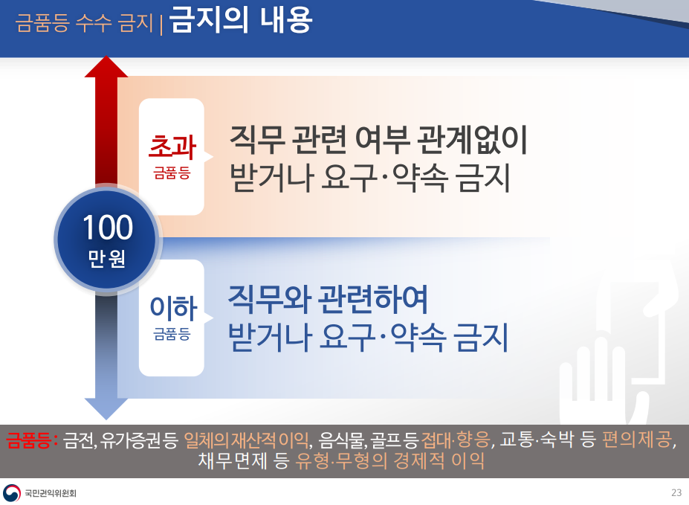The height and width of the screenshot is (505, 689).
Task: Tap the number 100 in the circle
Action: pos(108,228)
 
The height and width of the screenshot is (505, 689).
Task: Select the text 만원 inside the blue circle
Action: pos(107,258)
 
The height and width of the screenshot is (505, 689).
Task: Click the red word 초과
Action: pos(172,147)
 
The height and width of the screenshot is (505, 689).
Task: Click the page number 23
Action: pos(676,492)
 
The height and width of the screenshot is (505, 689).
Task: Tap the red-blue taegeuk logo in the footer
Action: pos(12,492)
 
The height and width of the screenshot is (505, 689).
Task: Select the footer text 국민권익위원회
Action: pos(51,493)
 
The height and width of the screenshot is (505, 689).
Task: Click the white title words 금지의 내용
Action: pos(241,20)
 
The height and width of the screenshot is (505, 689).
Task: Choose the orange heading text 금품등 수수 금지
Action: pos(85,22)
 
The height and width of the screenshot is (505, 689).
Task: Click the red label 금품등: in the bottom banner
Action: pos(32,440)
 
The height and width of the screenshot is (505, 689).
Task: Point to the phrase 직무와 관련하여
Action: pos(328,300)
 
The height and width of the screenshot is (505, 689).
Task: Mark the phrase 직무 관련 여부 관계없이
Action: pos(378,140)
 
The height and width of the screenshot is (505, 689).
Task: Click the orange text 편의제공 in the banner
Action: pos(638,439)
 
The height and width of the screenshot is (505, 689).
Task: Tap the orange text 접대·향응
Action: pos(456,439)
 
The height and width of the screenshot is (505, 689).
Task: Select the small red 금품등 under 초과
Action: pos(172,173)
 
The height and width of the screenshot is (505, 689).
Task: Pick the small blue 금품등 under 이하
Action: pos(172,334)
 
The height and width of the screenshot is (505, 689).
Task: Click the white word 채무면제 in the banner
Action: pos(233,460)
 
